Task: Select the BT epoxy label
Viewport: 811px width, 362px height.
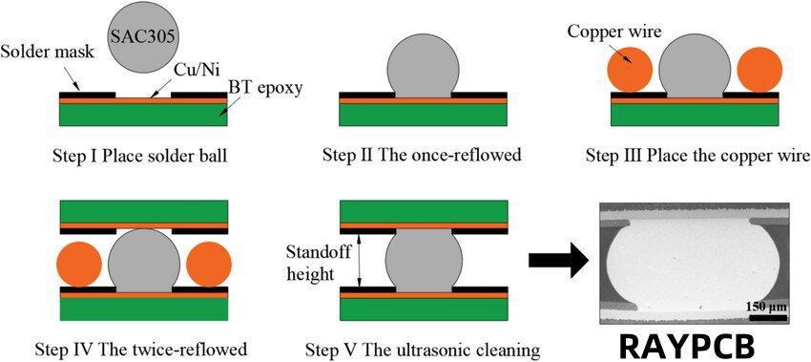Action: [264, 90]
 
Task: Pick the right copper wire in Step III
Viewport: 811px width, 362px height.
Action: [759, 72]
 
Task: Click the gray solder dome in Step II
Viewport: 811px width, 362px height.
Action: [424, 67]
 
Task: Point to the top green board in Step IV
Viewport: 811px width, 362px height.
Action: [144, 211]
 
